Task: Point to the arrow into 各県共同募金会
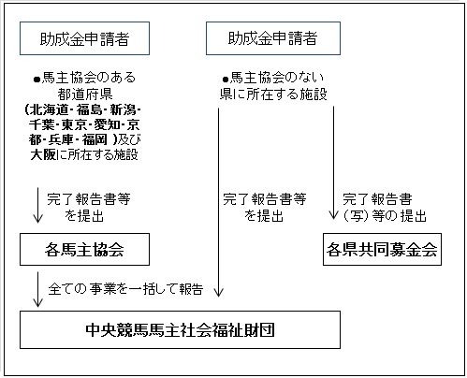[333, 163]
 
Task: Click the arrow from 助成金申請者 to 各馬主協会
[38, 205]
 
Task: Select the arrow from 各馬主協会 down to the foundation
[38, 289]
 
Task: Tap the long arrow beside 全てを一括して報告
[218, 202]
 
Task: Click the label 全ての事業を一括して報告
[125, 289]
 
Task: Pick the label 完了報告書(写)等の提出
[385, 208]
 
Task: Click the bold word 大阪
[43, 154]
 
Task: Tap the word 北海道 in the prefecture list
[49, 109]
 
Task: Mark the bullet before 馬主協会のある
[37, 80]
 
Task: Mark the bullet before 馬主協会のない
[226, 80]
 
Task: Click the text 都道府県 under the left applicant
[85, 94]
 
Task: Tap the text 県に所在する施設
[273, 94]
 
